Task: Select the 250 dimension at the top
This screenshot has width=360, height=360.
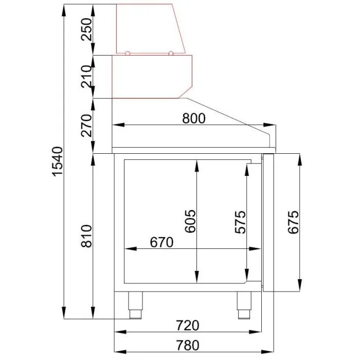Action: [86, 29]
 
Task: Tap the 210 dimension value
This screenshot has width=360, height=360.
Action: [86, 77]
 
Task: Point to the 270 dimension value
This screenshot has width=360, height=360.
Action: [86, 125]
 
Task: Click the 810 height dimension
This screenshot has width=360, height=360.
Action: [86, 236]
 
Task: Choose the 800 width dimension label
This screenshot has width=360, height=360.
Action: [194, 118]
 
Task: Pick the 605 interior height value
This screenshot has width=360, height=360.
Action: [191, 221]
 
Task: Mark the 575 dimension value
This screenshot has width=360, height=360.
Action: [240, 222]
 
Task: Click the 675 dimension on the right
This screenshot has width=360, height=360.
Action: [294, 222]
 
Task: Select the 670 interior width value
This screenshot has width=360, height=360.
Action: [161, 242]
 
